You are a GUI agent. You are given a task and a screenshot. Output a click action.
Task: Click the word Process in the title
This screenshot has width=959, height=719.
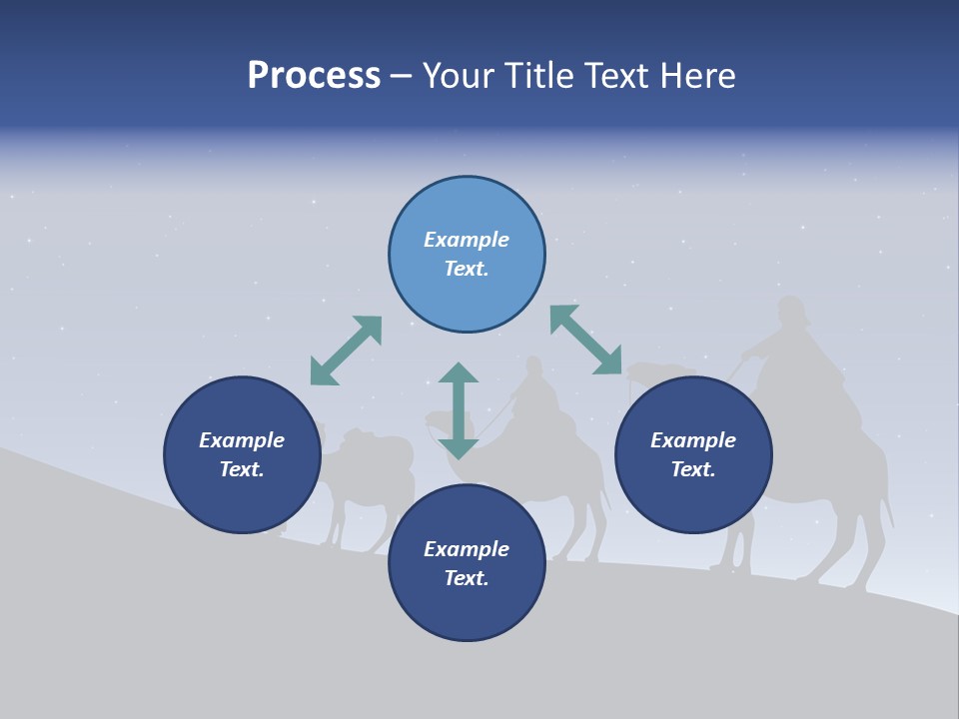click(x=314, y=76)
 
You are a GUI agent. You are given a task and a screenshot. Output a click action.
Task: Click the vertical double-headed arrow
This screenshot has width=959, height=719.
click(x=459, y=410)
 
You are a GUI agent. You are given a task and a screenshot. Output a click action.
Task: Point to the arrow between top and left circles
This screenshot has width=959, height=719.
click(x=346, y=351)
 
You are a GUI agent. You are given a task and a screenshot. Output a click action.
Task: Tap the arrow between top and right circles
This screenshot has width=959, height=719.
click(x=585, y=340)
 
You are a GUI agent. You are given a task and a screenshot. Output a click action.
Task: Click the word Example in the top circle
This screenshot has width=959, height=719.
click(x=467, y=240)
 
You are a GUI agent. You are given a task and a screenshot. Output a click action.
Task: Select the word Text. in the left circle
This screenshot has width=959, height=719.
click(x=242, y=469)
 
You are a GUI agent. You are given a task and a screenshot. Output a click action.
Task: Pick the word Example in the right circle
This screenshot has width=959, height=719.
click(x=693, y=440)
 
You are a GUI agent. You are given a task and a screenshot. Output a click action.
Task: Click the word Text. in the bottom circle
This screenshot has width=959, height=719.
click(x=467, y=578)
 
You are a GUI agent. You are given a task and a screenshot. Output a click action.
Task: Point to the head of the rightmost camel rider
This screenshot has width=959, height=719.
click(x=791, y=312)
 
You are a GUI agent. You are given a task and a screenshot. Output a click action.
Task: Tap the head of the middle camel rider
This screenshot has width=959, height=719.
click(x=533, y=367)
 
